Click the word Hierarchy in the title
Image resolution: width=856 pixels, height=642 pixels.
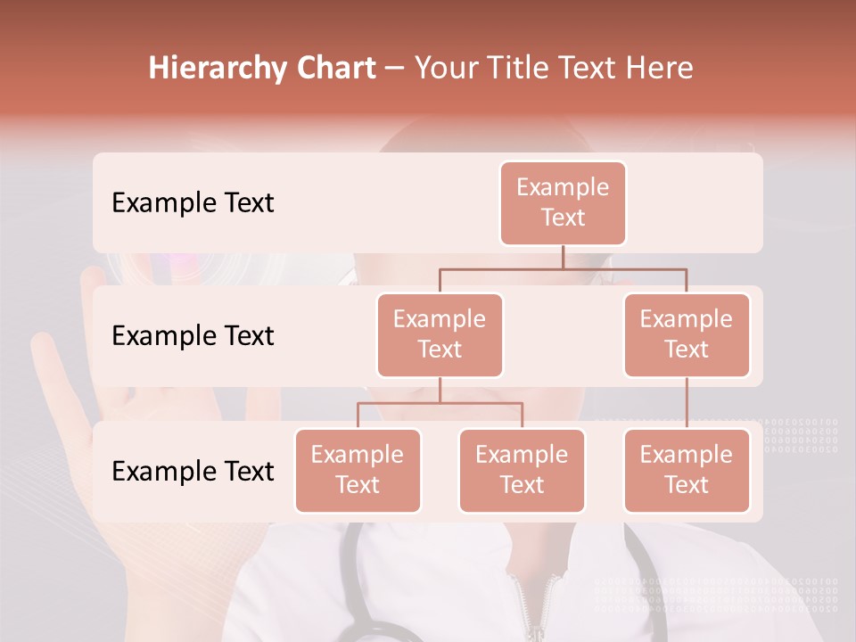217,69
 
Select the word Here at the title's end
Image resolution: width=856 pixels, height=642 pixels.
660,69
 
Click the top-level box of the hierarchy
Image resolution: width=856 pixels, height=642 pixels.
563,202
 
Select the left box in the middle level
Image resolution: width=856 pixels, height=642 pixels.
440,334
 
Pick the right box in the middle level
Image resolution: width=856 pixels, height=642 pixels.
687,334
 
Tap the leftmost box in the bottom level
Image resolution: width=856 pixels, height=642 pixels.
358,470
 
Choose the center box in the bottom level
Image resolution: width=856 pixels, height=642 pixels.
522,470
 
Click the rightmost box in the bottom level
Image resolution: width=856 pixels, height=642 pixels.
687,470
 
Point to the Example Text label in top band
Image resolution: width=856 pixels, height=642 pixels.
193,202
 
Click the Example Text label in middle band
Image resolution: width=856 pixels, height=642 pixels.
193,335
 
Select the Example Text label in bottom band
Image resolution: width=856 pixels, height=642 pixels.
193,471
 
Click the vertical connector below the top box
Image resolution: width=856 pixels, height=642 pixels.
563,257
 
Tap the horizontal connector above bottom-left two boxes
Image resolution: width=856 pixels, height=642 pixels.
440,403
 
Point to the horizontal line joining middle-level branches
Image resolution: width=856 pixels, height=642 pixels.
563,268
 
